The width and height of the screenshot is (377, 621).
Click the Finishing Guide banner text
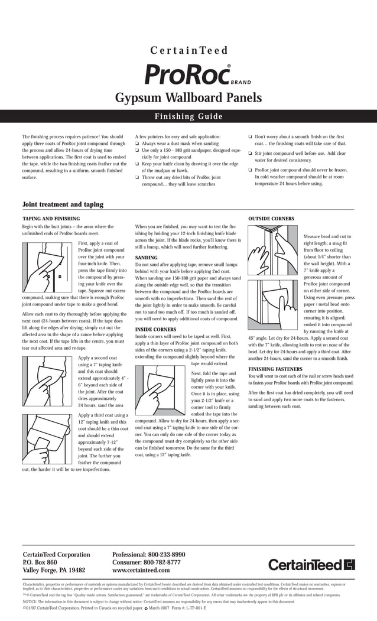coord(188,116)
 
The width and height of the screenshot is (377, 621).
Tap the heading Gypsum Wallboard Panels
coord(188,97)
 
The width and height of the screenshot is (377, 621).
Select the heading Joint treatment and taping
coord(63,204)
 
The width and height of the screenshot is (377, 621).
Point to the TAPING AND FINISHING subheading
coord(51,219)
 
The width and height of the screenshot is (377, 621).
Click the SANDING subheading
coord(146,258)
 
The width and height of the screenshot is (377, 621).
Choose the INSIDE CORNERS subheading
coord(155,329)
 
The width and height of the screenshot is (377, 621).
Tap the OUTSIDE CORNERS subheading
coord(271,219)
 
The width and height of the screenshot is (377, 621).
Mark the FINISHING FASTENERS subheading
coord(275,369)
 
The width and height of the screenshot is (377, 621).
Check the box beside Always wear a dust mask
coord(137,144)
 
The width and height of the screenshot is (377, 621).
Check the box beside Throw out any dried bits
coord(137,177)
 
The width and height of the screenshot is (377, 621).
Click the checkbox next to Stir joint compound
coord(251,153)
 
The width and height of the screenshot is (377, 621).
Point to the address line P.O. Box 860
coord(40,563)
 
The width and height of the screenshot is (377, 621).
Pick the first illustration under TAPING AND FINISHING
coord(47,268)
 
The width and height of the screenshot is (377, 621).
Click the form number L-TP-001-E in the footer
coord(190,607)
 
